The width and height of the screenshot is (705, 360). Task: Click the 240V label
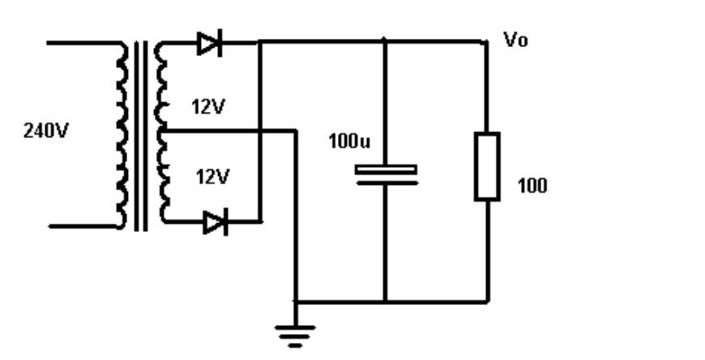click(45, 131)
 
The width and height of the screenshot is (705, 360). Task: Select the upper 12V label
click(207, 107)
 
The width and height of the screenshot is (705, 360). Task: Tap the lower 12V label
click(212, 177)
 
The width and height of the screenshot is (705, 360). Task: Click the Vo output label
click(515, 40)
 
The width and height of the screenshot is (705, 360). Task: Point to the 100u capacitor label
click(349, 141)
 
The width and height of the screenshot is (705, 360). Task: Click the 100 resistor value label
click(532, 186)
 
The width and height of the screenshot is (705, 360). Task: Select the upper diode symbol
click(210, 43)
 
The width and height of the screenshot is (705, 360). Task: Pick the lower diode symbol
click(216, 222)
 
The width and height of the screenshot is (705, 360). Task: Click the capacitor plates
click(386, 175)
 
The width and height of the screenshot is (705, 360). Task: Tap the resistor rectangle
click(487, 166)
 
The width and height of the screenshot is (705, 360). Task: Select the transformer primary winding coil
click(121, 135)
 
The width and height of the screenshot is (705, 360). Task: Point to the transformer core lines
click(141, 135)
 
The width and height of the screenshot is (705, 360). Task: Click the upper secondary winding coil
click(161, 87)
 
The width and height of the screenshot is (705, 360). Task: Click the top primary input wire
click(83, 43)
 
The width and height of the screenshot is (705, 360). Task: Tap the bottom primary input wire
click(84, 226)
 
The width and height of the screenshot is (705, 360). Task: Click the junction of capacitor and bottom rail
click(386, 302)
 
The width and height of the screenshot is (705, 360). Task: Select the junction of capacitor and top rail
click(384, 42)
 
